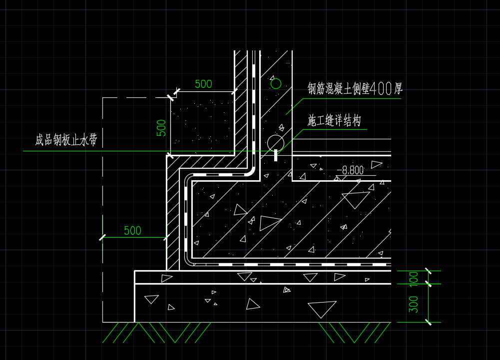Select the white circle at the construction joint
coord(275,143)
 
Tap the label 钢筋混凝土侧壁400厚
coord(355,89)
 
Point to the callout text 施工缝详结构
coord(334,121)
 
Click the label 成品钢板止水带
coord(66,140)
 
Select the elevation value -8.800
coord(351,171)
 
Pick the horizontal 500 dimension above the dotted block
coord(203,84)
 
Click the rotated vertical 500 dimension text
coord(161,128)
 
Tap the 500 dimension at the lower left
coord(132,231)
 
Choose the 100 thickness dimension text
coord(414,278)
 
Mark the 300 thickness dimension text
coord(414,304)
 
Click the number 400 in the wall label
coord(381,89)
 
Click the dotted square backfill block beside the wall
coord(202,123)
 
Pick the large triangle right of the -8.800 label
coord(356,199)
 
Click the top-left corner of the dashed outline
coord(103,98)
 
